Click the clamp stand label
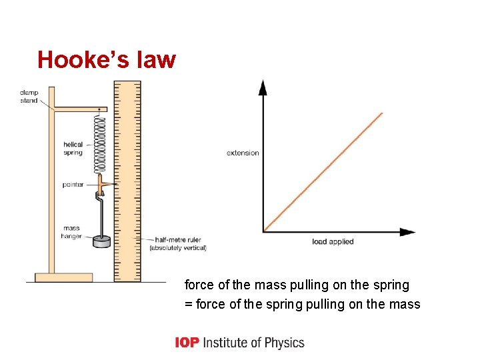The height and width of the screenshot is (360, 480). (x=29, y=97)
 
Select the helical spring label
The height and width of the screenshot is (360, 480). (x=73, y=149)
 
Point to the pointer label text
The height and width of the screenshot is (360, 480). (x=73, y=185)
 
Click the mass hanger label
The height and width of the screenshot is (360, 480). (x=71, y=232)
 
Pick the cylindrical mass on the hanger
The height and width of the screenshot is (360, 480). (x=102, y=242)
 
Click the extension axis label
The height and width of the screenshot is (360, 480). (x=243, y=153)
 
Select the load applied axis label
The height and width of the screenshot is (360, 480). (x=333, y=241)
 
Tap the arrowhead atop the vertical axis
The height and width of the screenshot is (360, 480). (x=263, y=87)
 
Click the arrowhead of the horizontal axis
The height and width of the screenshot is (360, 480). (x=407, y=232)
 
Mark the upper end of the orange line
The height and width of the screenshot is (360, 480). (x=381, y=114)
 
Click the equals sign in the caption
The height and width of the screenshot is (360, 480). (x=188, y=305)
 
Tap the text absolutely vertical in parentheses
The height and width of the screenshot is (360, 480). (x=177, y=249)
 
